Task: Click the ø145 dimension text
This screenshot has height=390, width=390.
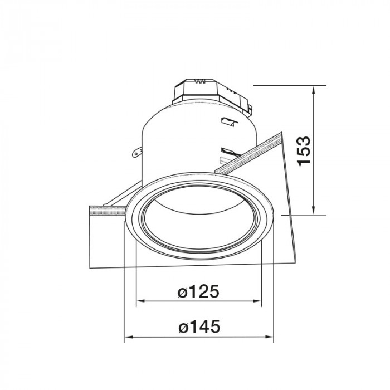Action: pyautogui.click(x=199, y=326)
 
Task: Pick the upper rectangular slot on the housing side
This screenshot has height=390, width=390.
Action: pyautogui.click(x=226, y=121)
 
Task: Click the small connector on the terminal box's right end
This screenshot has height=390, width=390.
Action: pyautogui.click(x=250, y=107)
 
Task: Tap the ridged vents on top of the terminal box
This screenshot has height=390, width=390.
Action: pyautogui.click(x=200, y=81)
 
